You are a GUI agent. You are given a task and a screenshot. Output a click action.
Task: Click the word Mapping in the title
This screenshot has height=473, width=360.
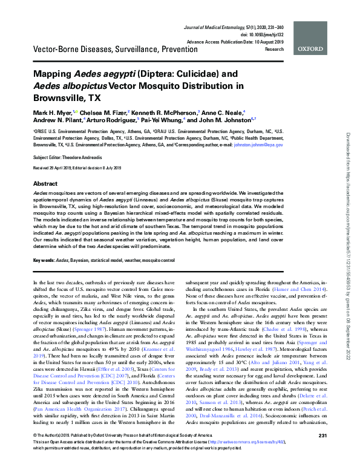(x=56, y=73)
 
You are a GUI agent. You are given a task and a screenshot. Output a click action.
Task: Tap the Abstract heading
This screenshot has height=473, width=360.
(x=45, y=183)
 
